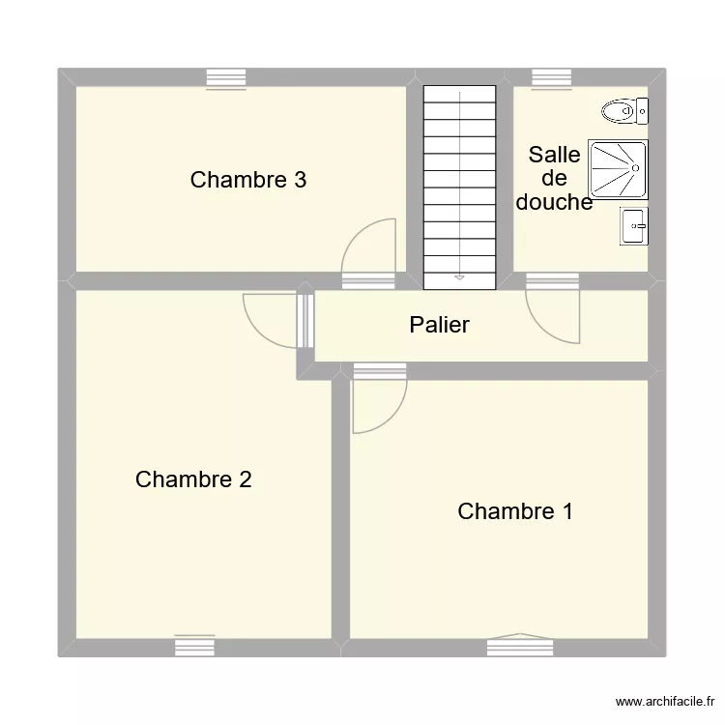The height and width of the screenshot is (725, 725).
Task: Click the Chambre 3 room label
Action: [x=248, y=180]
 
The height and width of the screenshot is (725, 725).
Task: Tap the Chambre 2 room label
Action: [x=193, y=479]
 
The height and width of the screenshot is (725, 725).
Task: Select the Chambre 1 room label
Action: [x=514, y=511]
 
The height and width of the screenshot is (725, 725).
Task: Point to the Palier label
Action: [x=439, y=325]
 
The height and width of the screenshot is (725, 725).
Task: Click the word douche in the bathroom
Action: [x=554, y=202]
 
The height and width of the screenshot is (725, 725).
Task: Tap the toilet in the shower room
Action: [x=624, y=112]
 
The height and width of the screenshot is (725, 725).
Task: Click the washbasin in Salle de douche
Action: [x=634, y=226]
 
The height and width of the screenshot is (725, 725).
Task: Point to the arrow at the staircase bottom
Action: [x=458, y=277]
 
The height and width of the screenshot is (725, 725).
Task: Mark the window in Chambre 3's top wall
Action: [x=226, y=77]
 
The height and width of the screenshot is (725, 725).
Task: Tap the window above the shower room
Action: [x=552, y=77]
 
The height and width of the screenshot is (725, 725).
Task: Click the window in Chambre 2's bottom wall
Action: [x=194, y=647]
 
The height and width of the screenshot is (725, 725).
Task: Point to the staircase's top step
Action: [x=458, y=91]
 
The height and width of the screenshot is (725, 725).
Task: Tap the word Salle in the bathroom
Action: [x=554, y=156]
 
